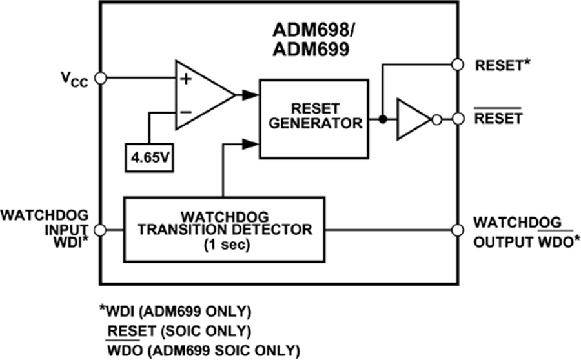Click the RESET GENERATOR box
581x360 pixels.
[x=314, y=118]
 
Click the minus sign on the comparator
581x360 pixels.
[x=186, y=111]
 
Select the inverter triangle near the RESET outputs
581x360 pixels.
[x=412, y=119]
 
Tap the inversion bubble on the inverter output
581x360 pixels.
[x=436, y=119]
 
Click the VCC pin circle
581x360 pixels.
[x=100, y=78]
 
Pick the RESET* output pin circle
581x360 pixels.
[x=458, y=65]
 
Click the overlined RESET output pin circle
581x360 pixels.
[x=458, y=119]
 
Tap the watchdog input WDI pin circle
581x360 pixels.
[x=100, y=230]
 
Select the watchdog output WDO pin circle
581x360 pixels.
[x=458, y=230]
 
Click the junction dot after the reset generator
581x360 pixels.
[x=383, y=119]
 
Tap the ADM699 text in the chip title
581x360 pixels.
[x=312, y=48]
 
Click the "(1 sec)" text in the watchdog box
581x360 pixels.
[x=221, y=246]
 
